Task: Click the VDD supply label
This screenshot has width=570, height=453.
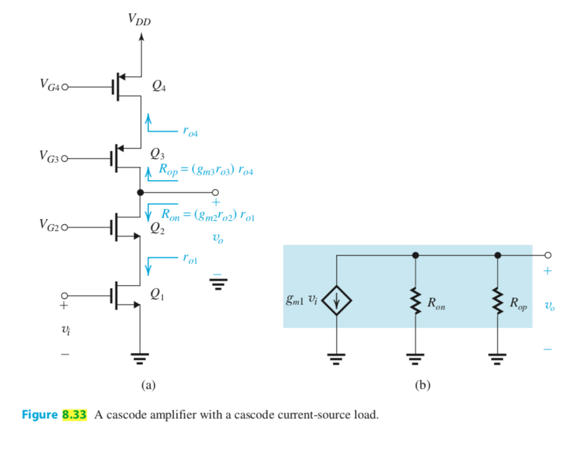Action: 139,20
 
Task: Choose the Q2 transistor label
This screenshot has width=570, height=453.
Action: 159,230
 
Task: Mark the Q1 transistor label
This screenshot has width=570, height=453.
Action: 159,293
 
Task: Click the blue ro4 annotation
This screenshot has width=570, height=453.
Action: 191,132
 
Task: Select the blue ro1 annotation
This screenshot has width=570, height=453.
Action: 191,258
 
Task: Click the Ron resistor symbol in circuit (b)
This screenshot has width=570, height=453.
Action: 415,303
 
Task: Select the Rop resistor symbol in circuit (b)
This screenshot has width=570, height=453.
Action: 497,303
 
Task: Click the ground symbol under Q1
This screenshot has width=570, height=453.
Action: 139,359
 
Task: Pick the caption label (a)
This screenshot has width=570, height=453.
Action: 148,385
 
